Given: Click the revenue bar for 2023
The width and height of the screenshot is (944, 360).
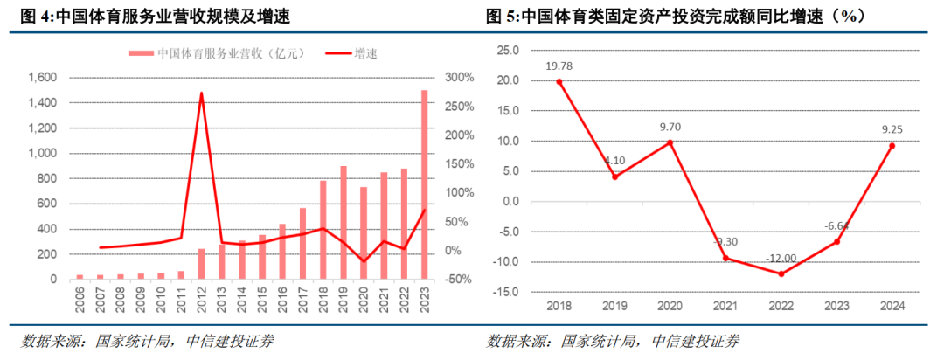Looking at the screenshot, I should [425, 184].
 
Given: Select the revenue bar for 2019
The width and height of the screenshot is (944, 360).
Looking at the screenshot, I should [344, 222].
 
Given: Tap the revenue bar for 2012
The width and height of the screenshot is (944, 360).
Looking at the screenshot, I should [201, 264].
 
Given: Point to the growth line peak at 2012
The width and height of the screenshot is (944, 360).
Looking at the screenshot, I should [201, 93].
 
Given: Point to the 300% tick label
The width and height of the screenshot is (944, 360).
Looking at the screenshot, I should [457, 78].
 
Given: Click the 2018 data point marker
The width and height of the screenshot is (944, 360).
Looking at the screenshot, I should [559, 81].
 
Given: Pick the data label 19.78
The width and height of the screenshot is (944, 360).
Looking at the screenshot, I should [559, 66].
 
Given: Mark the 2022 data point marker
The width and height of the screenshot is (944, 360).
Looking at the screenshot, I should [781, 273].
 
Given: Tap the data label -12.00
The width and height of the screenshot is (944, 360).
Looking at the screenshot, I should [781, 259].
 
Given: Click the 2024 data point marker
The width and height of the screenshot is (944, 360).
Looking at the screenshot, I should [892, 146].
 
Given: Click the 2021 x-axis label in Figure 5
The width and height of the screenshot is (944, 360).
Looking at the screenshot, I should [725, 306].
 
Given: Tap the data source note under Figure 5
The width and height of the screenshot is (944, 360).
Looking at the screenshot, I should [613, 341].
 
